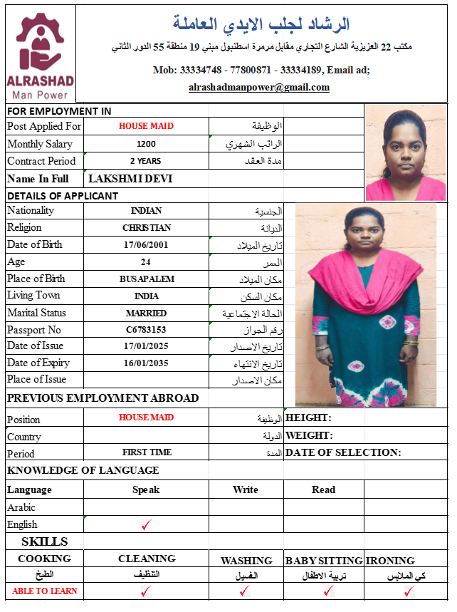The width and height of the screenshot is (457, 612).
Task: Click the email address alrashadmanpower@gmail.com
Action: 259,88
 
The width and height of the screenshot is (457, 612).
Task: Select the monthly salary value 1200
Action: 146,144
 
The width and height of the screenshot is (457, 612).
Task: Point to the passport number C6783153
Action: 146,330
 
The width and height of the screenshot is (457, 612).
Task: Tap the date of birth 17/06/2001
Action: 146,244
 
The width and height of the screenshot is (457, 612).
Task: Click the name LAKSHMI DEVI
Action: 130,179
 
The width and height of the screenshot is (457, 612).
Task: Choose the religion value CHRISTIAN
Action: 146,228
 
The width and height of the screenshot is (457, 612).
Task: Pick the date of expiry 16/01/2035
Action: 146,363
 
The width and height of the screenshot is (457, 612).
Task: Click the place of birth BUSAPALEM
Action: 146,279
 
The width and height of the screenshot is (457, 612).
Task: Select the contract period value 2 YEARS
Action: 146,161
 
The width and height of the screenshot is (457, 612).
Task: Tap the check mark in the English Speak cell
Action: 147,525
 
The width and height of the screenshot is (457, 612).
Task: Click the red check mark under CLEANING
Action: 146,591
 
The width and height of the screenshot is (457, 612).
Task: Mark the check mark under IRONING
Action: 409,591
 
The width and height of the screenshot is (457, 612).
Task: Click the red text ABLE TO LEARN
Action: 45,591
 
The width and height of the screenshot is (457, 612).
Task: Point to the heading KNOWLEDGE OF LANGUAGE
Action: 83,470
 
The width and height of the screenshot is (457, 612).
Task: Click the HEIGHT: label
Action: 308,417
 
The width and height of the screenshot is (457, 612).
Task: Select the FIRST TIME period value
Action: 146,452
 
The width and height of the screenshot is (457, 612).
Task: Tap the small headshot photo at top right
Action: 405,152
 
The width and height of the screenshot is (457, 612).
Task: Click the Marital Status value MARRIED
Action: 146,313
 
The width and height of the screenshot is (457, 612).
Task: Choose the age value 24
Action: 146,261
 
